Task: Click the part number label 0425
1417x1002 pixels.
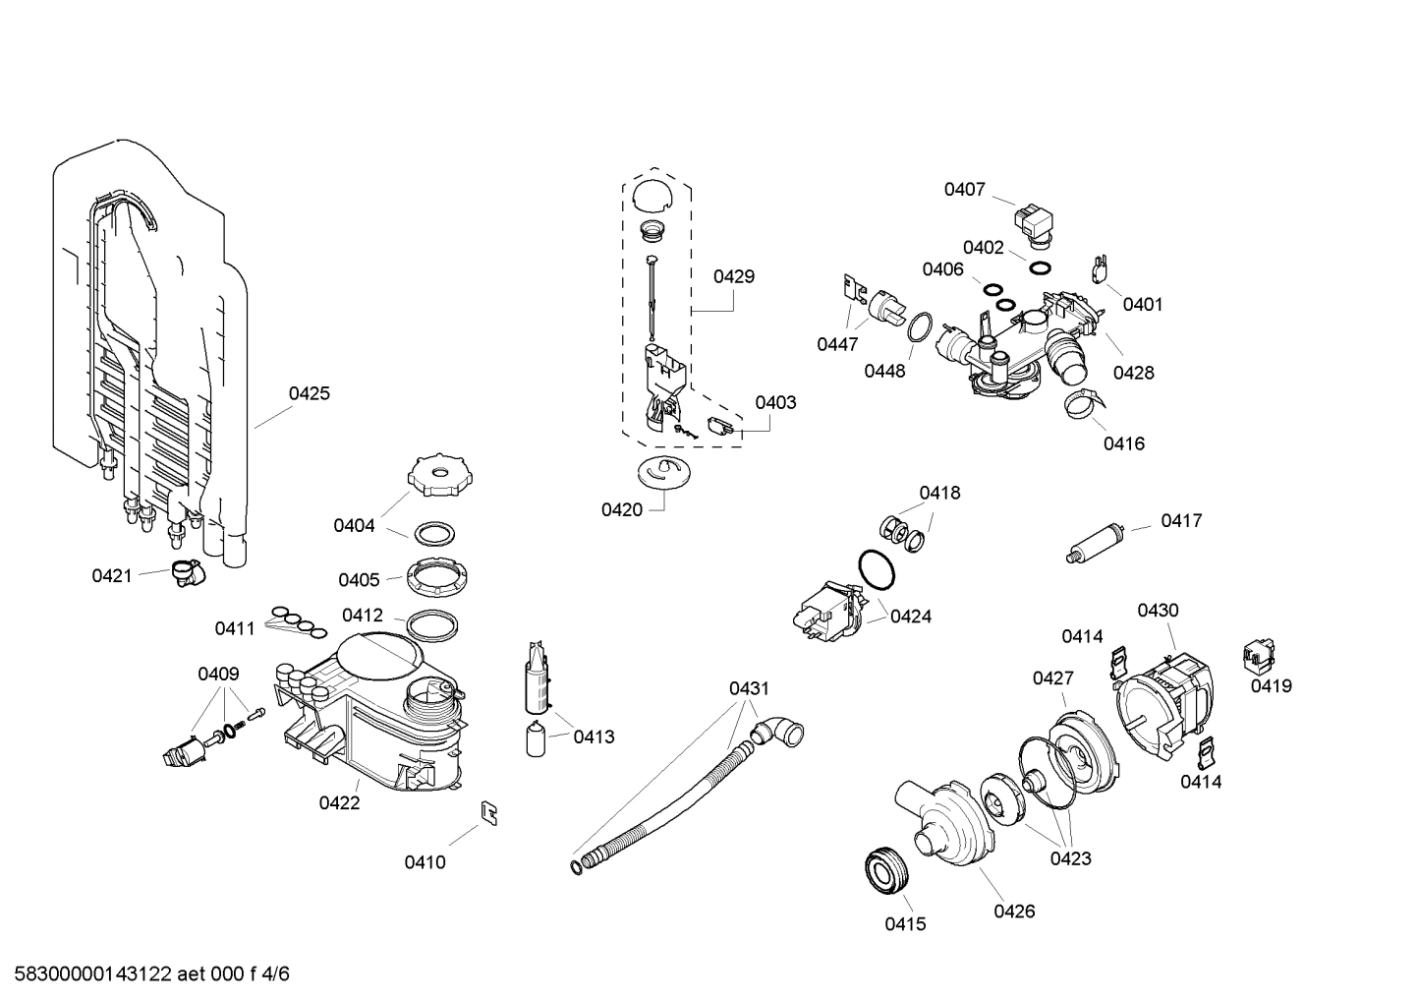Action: point(309,393)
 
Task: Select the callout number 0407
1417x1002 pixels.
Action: point(964,189)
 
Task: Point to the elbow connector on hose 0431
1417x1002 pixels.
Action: point(779,733)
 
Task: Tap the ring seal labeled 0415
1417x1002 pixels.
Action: point(888,869)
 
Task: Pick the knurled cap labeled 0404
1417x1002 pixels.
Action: point(439,476)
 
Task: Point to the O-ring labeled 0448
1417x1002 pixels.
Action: point(919,326)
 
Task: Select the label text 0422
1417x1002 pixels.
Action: point(339,802)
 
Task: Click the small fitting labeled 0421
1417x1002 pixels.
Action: point(185,572)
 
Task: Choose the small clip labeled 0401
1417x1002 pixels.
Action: point(1102,268)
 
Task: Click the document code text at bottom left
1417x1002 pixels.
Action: point(146,974)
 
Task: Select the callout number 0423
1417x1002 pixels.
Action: point(1070,858)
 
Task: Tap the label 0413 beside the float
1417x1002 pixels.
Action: point(594,737)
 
